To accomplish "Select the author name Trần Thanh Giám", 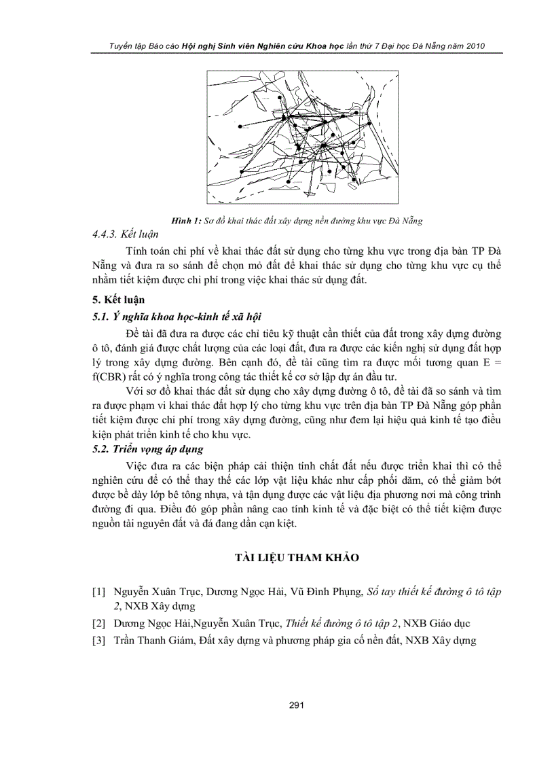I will [x=151, y=640].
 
